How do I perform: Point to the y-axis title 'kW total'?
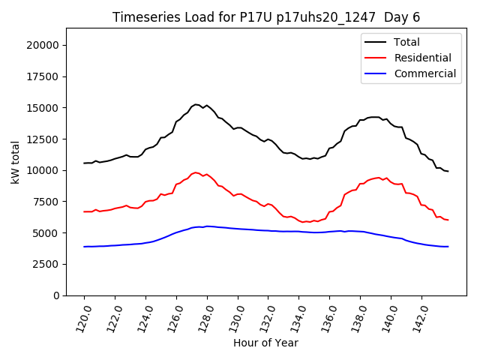point(16,162)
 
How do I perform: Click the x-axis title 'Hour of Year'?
point(266,343)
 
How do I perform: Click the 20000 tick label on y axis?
point(43,45)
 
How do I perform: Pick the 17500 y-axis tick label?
point(43,76)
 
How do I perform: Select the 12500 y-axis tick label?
point(43,139)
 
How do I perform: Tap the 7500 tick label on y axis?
point(46,202)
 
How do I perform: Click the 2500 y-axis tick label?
point(46,264)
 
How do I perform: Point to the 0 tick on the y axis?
point(57,295)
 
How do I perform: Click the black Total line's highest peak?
point(196,104)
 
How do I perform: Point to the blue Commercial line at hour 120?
point(84,247)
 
